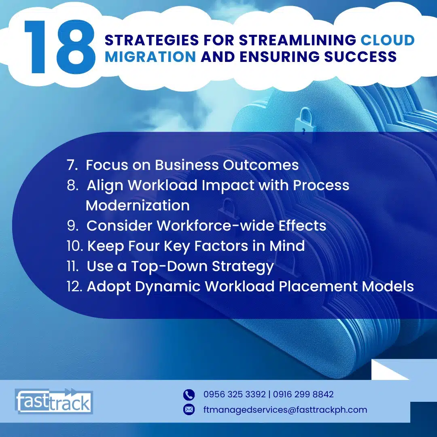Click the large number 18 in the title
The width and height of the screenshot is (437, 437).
click(x=59, y=47)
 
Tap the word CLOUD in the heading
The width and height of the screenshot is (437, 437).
click(x=388, y=40)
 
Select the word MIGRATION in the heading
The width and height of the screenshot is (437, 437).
click(x=151, y=57)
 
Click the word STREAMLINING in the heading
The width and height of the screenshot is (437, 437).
click(x=298, y=40)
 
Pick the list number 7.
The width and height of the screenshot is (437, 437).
click(x=72, y=165)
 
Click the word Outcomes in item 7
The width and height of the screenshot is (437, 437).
click(x=261, y=165)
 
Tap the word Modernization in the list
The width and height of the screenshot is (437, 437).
click(x=138, y=206)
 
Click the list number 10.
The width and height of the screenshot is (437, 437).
click(x=75, y=246)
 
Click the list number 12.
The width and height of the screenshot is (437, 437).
click(x=74, y=286)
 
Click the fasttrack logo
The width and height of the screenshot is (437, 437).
click(x=54, y=401)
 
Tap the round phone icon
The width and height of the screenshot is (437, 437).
click(x=189, y=395)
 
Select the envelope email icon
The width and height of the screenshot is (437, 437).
click(x=189, y=409)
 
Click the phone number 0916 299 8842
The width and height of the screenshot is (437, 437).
click(x=303, y=395)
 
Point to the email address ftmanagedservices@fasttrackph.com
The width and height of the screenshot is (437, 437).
click(x=285, y=410)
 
